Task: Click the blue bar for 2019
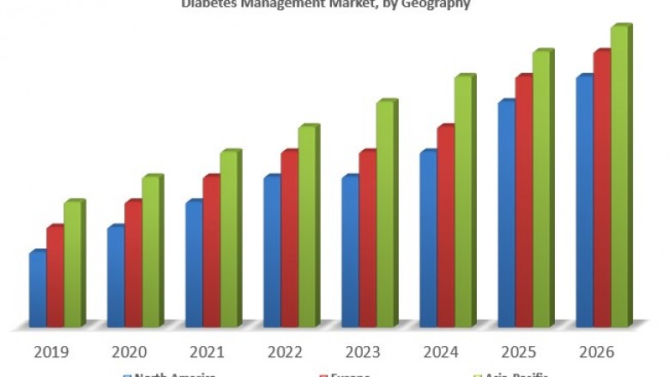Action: click(x=38, y=290)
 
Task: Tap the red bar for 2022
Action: click(x=289, y=239)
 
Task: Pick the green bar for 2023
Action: click(x=385, y=214)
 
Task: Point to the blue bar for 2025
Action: click(x=506, y=214)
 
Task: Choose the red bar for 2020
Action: click(x=133, y=264)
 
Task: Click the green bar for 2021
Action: click(x=229, y=239)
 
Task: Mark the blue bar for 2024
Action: click(x=428, y=239)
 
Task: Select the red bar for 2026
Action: click(x=601, y=189)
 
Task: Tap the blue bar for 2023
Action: click(x=350, y=252)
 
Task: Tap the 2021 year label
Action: click(x=208, y=352)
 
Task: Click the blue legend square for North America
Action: click(x=127, y=374)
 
